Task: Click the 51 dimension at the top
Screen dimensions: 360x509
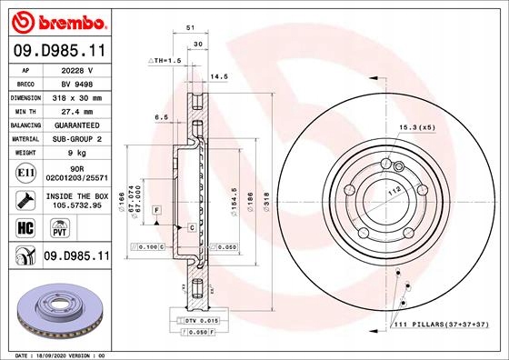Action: click(191, 28)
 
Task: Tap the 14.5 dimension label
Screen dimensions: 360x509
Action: click(219, 78)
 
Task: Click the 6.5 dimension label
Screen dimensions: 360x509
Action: click(162, 117)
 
